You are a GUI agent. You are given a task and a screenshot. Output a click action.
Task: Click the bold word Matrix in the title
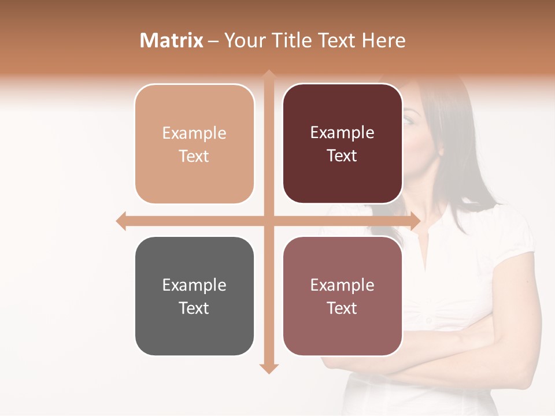172,40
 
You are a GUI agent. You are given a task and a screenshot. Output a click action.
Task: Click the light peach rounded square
194,144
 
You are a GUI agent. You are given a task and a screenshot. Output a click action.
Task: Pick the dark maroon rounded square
342,144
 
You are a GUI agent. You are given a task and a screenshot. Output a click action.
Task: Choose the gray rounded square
194,296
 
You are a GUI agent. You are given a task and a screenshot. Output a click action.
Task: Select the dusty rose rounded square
342,296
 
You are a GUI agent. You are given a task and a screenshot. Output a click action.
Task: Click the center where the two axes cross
269,221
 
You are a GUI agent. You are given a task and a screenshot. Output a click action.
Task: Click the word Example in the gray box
194,285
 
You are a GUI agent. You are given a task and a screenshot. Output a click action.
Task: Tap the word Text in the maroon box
342,155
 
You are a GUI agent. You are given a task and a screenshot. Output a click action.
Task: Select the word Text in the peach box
194,156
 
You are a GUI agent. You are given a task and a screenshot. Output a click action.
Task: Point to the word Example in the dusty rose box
342,285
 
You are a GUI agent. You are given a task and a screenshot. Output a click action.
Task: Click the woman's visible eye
409,120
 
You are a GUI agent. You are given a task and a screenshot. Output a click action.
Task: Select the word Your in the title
242,40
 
